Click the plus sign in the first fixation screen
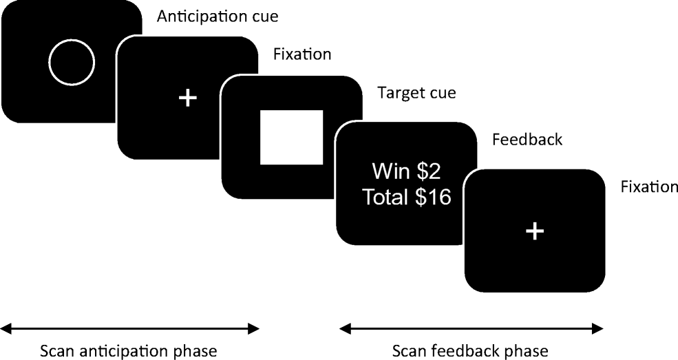tap(187, 98)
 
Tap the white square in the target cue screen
tap(291, 137)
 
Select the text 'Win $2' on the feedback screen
tap(406, 171)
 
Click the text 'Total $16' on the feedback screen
tap(406, 198)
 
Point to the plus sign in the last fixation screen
tap(534, 231)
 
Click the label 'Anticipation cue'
tap(208, 16)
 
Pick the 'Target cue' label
tap(416, 93)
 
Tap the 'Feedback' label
tap(527, 140)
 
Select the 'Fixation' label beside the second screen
tap(302, 54)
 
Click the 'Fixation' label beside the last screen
tap(648, 187)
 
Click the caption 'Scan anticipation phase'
tap(129, 351)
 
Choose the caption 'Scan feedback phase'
tap(470, 351)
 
